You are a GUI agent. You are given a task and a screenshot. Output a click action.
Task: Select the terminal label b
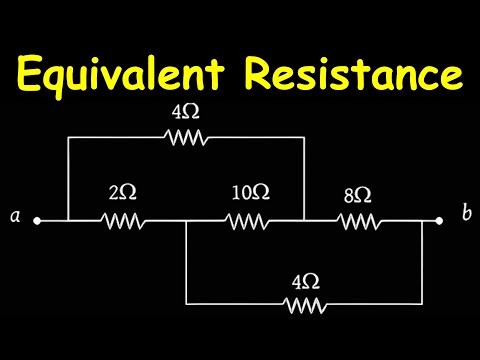(x=465, y=215)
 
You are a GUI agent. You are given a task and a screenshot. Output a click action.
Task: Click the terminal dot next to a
(x=37, y=220)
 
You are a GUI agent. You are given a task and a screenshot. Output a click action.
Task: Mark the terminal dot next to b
(x=438, y=220)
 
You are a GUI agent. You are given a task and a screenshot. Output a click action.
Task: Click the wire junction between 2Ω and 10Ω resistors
(x=187, y=220)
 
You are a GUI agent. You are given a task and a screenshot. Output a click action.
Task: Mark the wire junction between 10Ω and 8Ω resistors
(x=304, y=220)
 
